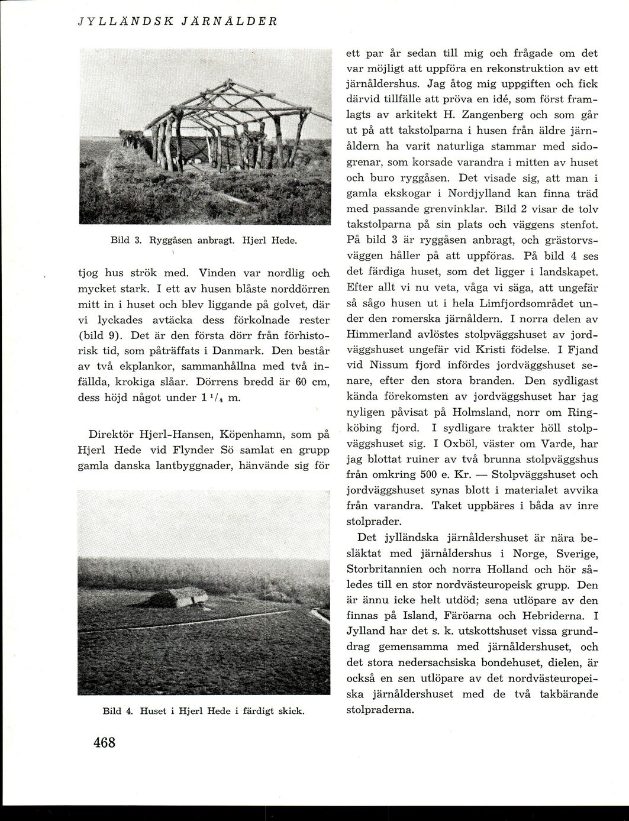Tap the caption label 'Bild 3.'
click(124, 241)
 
